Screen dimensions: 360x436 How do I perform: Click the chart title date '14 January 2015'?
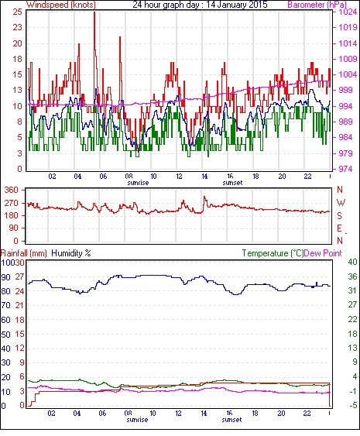pyautogui.click(x=237, y=5)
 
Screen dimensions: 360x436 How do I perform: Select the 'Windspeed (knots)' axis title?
pyautogui.click(x=61, y=5)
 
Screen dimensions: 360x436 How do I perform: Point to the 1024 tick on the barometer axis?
pyautogui.click(x=348, y=12)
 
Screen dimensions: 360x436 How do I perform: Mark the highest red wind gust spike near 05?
pyautogui.click(x=94, y=12)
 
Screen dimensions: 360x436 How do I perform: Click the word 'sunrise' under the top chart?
pyautogui.click(x=138, y=183)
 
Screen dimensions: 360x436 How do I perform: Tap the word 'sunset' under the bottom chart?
pyautogui.click(x=231, y=420)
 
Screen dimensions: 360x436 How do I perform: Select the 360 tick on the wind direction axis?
pyautogui.click(x=12, y=191)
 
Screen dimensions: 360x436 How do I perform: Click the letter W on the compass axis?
pyautogui.click(x=341, y=203)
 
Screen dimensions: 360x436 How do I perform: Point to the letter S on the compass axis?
pyautogui.click(x=339, y=216)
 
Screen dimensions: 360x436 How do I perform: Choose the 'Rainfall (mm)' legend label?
pyautogui.click(x=24, y=253)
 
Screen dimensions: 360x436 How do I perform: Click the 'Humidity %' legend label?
pyautogui.click(x=71, y=253)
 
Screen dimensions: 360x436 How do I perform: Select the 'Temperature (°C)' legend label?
pyautogui.click(x=273, y=253)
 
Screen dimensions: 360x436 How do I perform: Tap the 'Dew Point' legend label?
pyautogui.click(x=323, y=253)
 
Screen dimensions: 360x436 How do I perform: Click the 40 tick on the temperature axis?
pyautogui.click(x=352, y=262)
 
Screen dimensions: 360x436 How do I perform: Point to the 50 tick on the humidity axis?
pyautogui.click(x=6, y=335)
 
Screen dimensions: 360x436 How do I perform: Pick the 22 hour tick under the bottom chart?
pyautogui.click(x=307, y=414)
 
